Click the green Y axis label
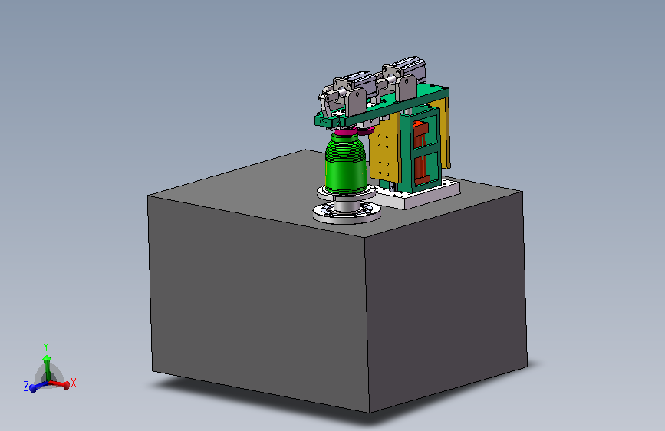(x=46, y=347)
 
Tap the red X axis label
(x=74, y=383)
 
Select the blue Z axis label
(x=26, y=387)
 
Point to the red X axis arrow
(x=59, y=384)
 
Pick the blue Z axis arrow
(x=39, y=387)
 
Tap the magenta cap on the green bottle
(x=346, y=133)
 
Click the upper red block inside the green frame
(x=419, y=134)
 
